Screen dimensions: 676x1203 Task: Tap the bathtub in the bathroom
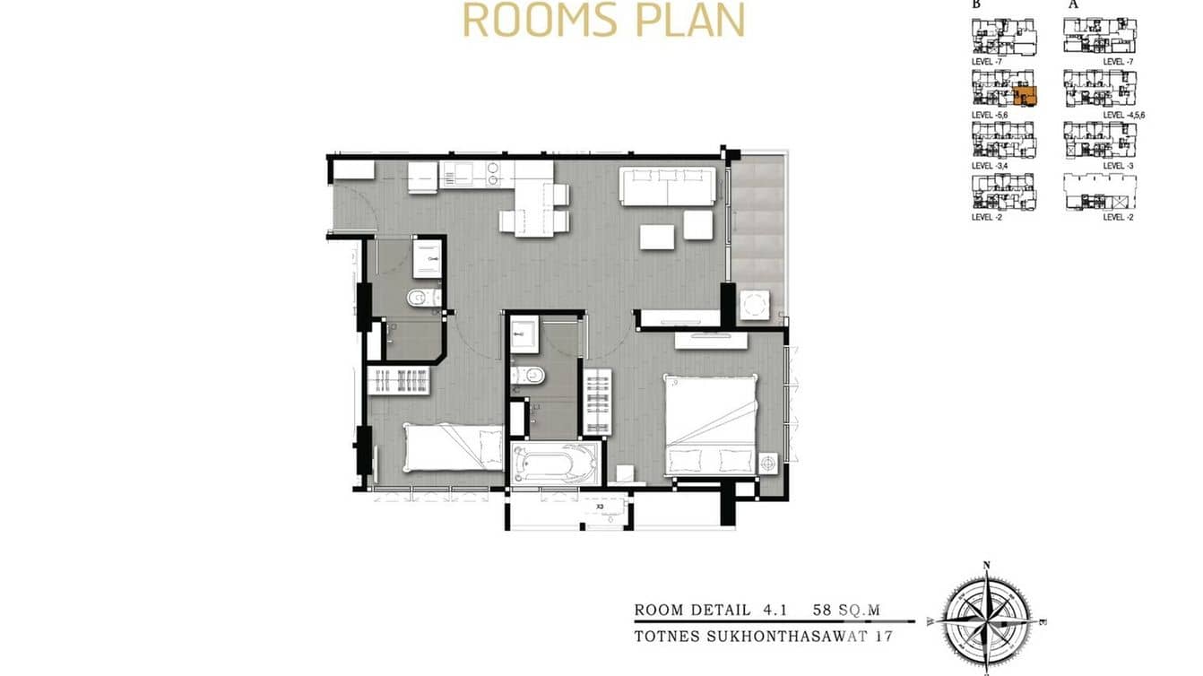point(554,464)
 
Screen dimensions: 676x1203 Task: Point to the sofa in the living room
point(668,186)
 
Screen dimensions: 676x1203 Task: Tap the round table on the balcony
point(754,305)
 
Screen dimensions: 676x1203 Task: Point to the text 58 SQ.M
point(846,611)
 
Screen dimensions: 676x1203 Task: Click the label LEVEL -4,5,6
point(1124,116)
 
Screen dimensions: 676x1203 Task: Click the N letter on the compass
point(986,566)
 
